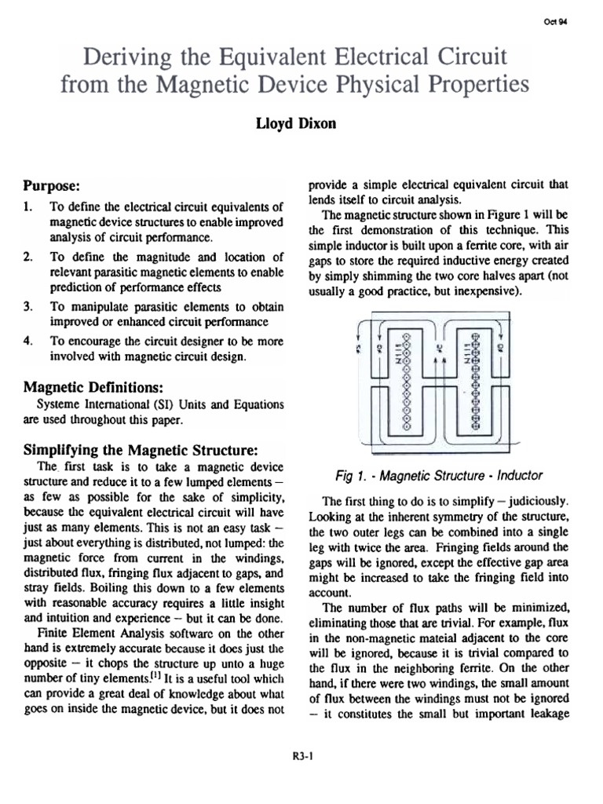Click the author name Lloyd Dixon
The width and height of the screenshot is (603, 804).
301,123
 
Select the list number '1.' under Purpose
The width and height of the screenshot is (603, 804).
29,207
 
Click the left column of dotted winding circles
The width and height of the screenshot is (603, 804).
406,376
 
